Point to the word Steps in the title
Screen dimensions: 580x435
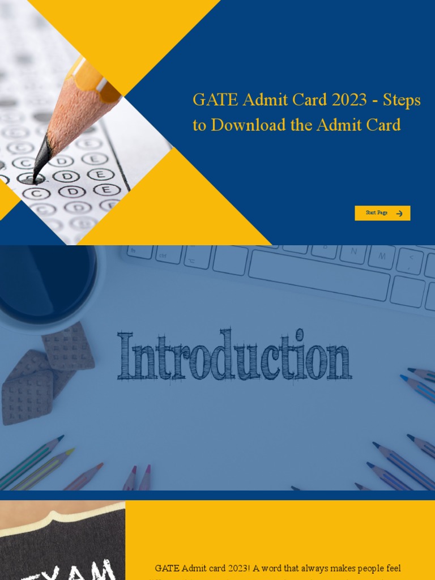pyautogui.click(x=402, y=100)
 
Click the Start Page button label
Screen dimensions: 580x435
pyautogui.click(x=377, y=213)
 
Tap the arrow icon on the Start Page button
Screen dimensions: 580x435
pyautogui.click(x=399, y=214)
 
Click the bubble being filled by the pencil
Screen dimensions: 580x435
pyautogui.click(x=28, y=179)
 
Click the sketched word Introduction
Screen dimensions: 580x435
pyautogui.click(x=234, y=355)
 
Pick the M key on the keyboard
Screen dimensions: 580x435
pyautogui.click(x=382, y=257)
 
